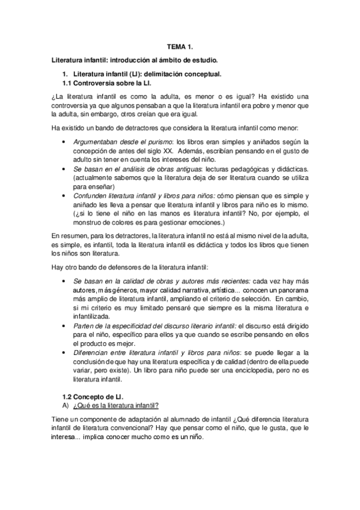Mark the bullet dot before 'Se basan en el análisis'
pyautogui.click(x=65, y=171)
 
